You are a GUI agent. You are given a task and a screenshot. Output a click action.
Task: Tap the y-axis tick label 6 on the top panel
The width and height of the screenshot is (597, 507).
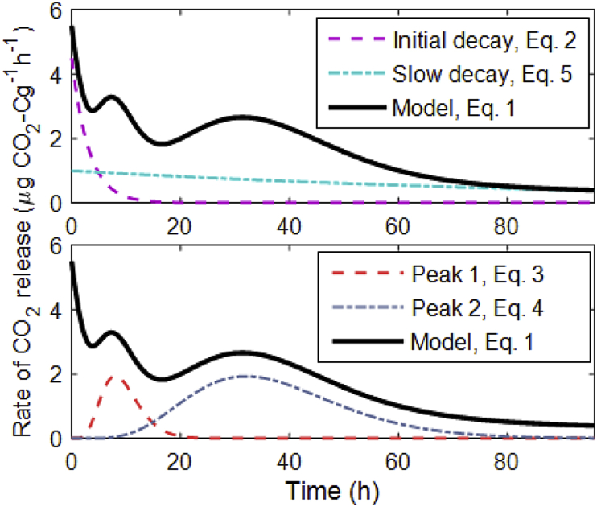point(57,11)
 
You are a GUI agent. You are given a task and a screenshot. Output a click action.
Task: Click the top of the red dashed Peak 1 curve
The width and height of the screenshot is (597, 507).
point(117,377)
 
